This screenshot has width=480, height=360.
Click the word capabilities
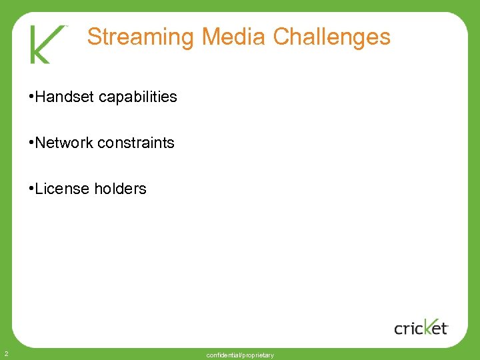(138, 97)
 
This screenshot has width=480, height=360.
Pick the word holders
(121, 189)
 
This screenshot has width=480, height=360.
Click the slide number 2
(5, 353)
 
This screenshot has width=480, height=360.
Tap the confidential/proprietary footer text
(240, 355)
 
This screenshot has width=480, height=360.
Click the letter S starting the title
(94, 37)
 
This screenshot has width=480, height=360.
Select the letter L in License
(39, 189)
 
